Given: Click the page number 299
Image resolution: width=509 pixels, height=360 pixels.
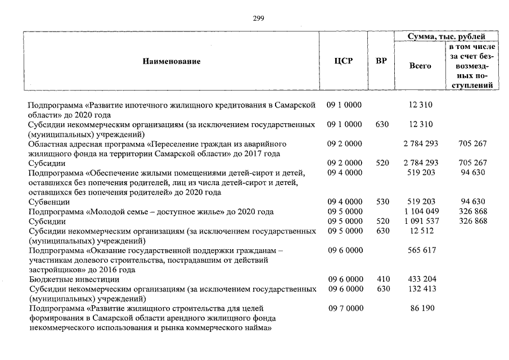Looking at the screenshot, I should [259, 18].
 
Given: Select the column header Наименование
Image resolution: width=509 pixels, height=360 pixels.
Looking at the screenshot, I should [172, 61].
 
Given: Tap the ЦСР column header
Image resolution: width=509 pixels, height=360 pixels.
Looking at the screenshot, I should [344, 61].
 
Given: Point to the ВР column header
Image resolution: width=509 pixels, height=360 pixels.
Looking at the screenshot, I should [381, 61].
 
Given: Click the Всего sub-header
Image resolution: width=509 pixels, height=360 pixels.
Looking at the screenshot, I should [420, 66].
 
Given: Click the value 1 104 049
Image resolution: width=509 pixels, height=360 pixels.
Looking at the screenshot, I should [421, 211].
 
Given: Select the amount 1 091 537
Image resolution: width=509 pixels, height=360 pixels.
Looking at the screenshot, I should [421, 221].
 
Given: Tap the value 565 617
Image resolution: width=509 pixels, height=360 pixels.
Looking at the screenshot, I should [421, 251].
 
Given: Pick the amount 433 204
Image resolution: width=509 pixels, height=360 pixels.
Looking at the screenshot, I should [421, 280].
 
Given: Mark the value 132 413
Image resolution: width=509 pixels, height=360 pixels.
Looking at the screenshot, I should [421, 289].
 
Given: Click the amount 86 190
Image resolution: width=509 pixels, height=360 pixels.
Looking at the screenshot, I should [421, 309].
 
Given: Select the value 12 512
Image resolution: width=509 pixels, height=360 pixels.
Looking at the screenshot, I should [421, 231].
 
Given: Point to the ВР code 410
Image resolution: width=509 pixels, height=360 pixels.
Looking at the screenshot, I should [382, 280].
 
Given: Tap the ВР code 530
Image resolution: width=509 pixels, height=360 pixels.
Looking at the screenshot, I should [382, 201].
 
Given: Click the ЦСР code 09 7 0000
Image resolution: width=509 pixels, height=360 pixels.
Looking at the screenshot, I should [344, 309].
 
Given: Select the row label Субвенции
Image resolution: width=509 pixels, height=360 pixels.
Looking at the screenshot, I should [49, 201].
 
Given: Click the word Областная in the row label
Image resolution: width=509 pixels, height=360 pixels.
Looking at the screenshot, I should [48, 143].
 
